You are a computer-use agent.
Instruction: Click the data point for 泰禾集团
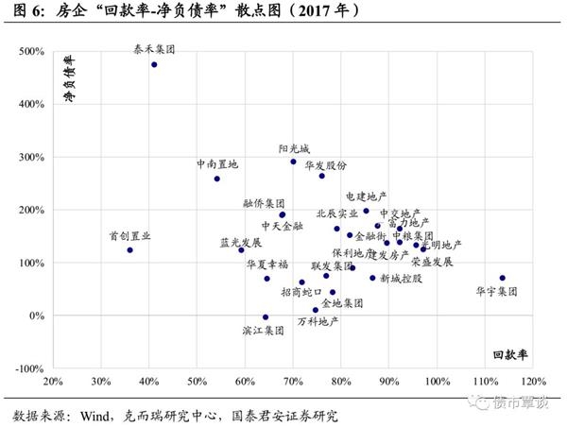point(154,64)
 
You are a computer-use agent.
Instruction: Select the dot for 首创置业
point(130,249)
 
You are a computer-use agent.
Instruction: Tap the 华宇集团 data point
point(503,278)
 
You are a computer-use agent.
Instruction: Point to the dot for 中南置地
point(217,179)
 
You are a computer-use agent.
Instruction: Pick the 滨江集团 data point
point(266,317)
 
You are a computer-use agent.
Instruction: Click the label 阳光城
point(295,148)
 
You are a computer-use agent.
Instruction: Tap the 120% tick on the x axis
point(532,383)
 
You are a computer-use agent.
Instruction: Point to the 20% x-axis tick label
point(54,383)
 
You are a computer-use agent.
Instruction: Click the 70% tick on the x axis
point(293,383)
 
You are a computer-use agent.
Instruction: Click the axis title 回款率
point(510,355)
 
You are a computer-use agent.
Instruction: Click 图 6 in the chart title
point(20,10)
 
